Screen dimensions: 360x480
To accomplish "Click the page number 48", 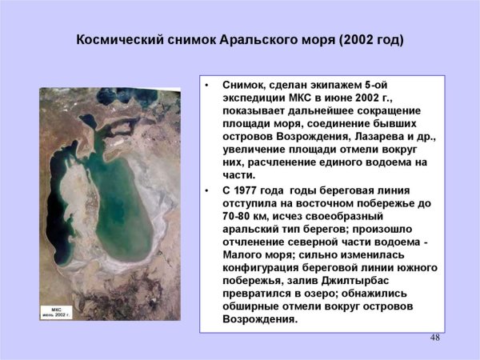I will pyautogui.click(x=435, y=338).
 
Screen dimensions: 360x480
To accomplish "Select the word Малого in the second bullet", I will pyautogui.click(x=249, y=254).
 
